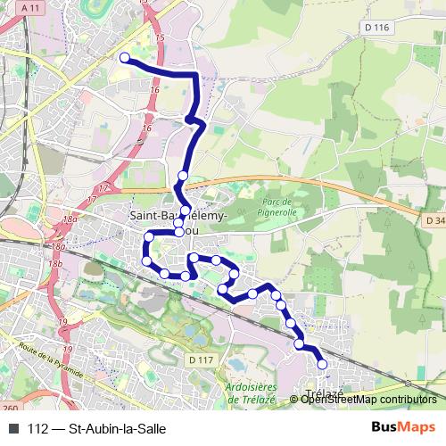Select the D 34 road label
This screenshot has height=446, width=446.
434,219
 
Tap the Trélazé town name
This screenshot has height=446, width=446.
324,393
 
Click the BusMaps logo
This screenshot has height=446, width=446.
403,427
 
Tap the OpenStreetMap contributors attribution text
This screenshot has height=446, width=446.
368,400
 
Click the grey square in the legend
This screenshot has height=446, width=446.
13,428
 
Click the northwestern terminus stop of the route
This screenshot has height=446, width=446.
125,58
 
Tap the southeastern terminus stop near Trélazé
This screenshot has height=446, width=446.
322,364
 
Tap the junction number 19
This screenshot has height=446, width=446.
62,322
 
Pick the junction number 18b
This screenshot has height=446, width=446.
55,265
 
